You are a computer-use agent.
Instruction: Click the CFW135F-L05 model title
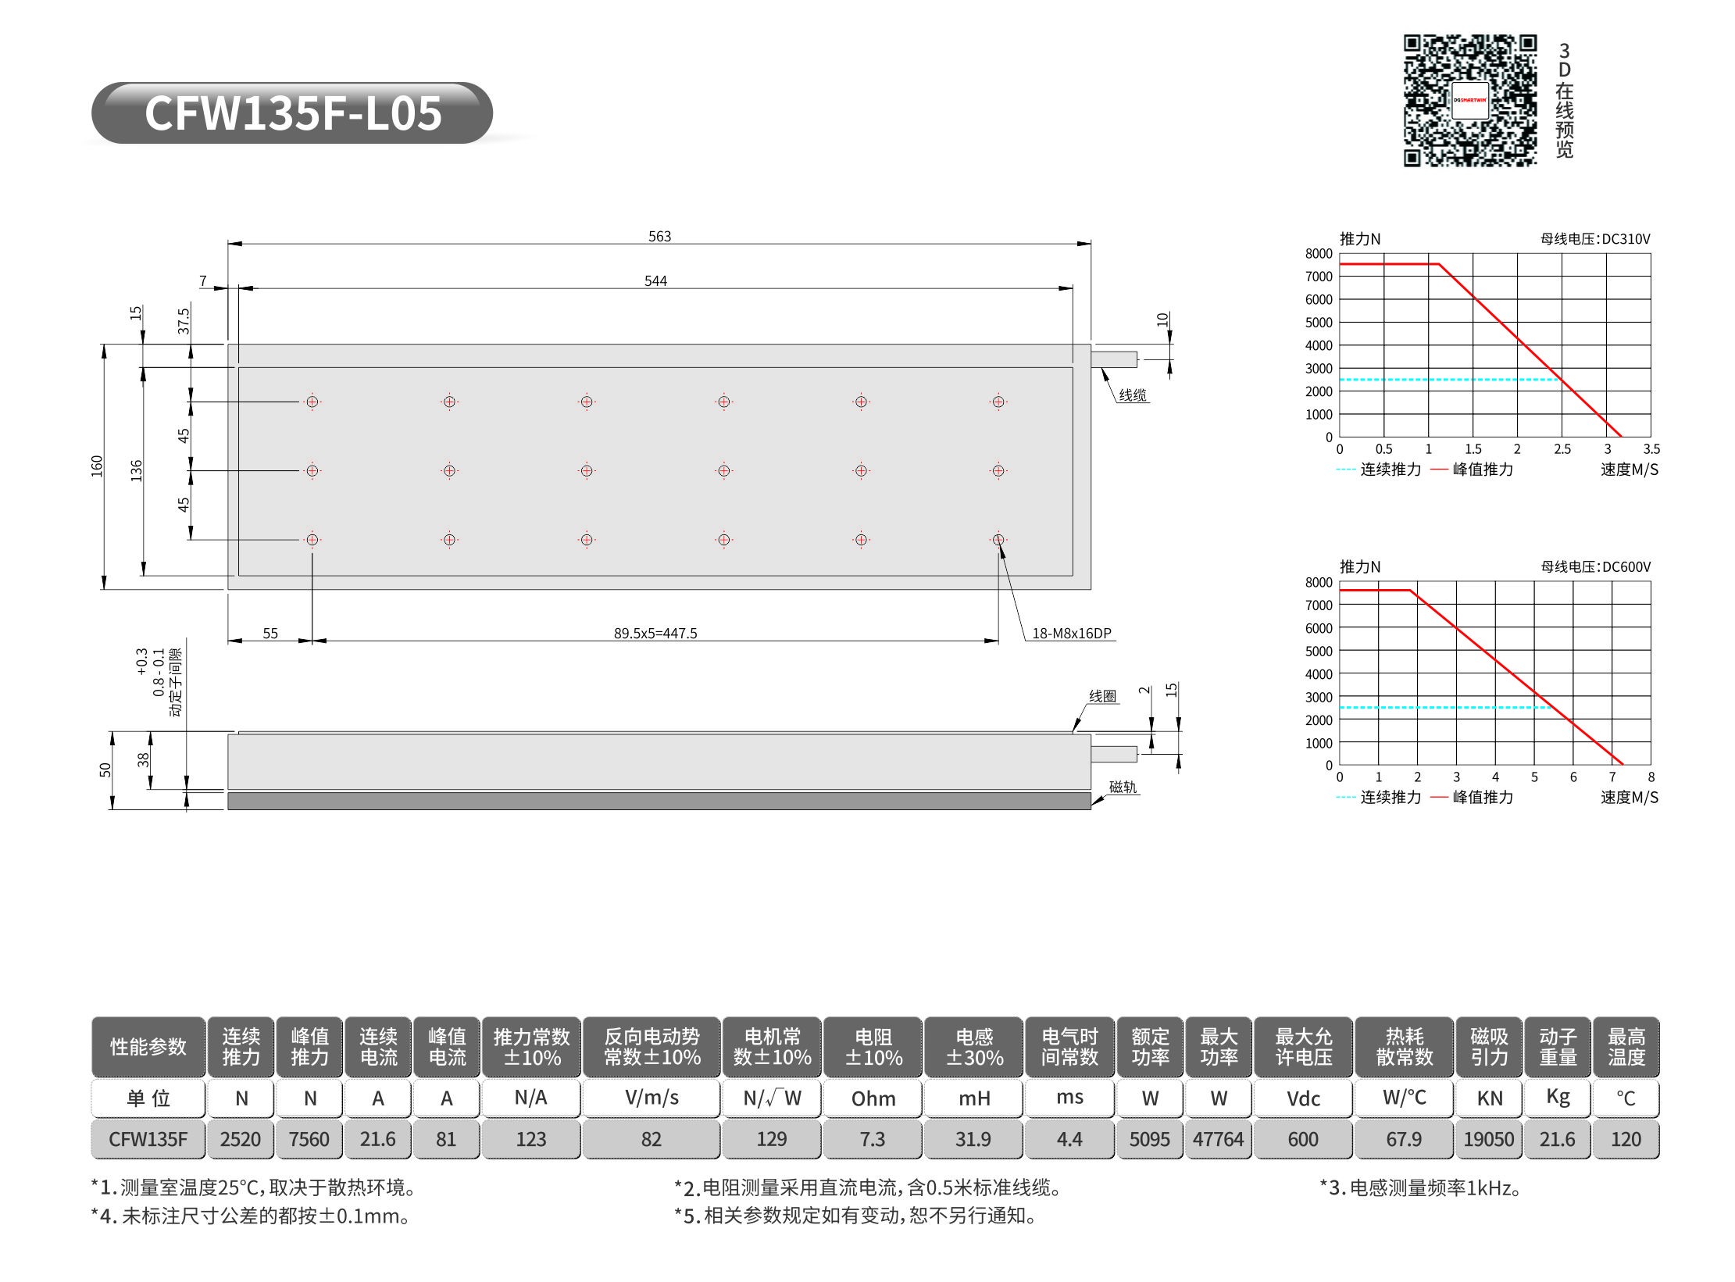[293, 113]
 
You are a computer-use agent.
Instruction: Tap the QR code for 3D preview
[1469, 100]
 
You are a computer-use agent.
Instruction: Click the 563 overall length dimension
[659, 236]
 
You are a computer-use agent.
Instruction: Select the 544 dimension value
[655, 280]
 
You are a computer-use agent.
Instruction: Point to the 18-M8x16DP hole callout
[1071, 633]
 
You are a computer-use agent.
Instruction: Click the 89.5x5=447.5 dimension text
[655, 633]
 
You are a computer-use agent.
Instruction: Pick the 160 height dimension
[97, 466]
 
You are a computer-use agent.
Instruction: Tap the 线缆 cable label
[1132, 395]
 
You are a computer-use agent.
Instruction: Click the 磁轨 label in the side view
[1123, 787]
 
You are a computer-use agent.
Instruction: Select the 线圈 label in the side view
[1102, 695]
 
